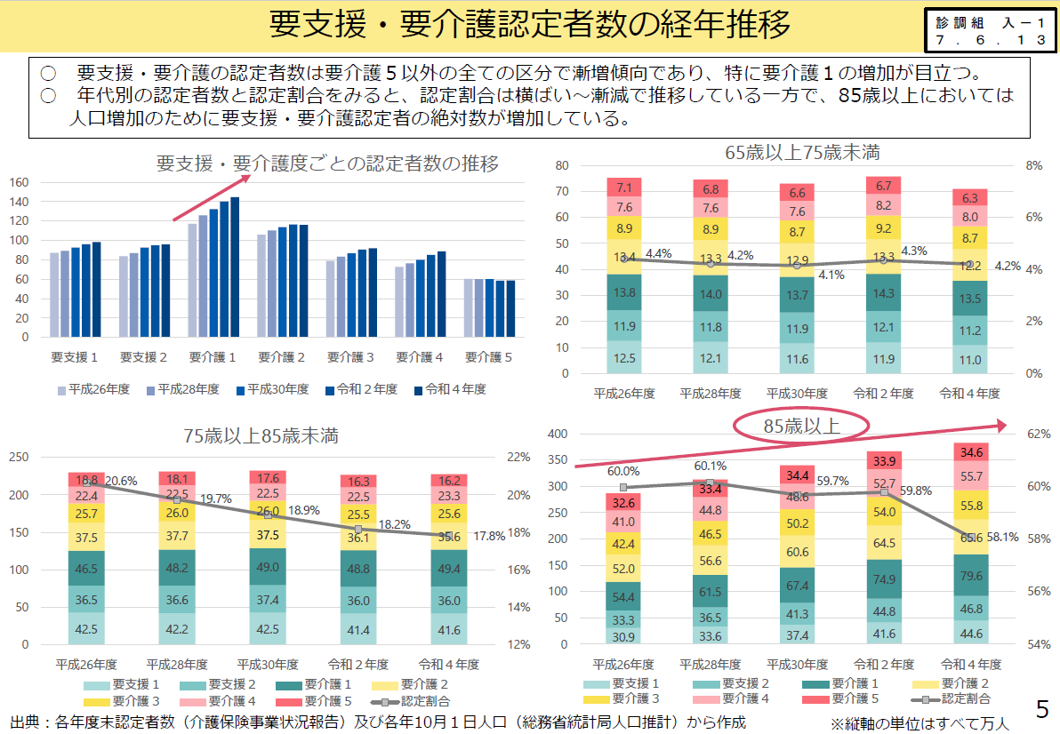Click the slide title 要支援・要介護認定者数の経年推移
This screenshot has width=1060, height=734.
(530, 26)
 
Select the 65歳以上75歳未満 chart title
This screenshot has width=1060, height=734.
(802, 152)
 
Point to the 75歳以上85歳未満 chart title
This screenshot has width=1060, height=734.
(261, 435)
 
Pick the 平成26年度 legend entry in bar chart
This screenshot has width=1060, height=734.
(93, 389)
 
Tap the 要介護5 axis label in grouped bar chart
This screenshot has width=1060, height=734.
(489, 357)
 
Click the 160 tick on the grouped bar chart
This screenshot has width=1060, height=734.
(20, 182)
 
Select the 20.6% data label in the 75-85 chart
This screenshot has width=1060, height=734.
(121, 481)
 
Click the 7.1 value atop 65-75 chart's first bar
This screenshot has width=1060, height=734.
(623, 187)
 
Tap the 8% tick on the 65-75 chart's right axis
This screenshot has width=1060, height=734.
(1033, 165)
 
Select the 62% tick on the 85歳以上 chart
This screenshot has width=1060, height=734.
(1039, 435)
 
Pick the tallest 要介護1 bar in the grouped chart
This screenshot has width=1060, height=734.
(235, 267)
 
